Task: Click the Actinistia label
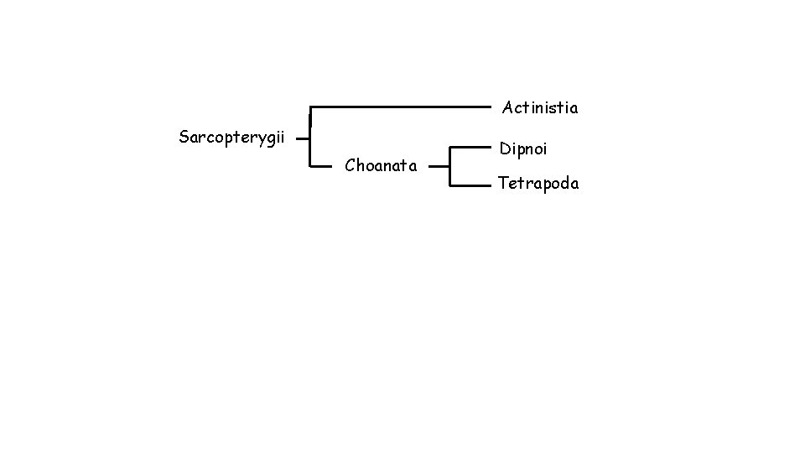(x=540, y=107)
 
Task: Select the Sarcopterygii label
(x=232, y=137)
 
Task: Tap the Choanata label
(x=381, y=166)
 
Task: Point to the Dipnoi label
(x=523, y=149)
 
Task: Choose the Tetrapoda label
(x=538, y=183)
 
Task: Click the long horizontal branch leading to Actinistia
(x=401, y=107)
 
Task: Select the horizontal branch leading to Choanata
(x=322, y=166)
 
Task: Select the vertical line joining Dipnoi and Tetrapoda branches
(x=450, y=166)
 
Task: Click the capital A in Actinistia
(x=508, y=107)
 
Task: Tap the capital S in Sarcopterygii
(x=184, y=136)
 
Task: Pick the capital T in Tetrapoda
(x=503, y=183)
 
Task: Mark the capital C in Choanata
(x=351, y=166)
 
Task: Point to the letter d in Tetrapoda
(x=561, y=183)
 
